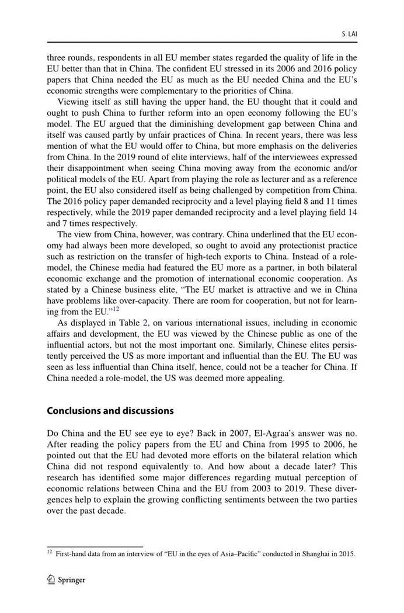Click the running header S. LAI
(x=349, y=34)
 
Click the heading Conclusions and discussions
(x=110, y=410)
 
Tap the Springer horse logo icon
(x=51, y=580)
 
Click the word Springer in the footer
(x=72, y=580)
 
